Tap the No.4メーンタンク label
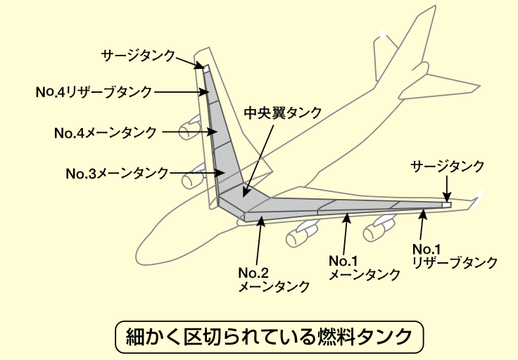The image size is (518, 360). pyautogui.click(x=105, y=131)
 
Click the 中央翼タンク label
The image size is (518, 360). pyautogui.click(x=283, y=112)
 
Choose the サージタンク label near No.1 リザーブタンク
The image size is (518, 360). pyautogui.click(x=448, y=166)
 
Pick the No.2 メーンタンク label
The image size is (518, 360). pyautogui.click(x=274, y=279)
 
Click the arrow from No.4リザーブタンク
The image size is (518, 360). pyautogui.click(x=179, y=91)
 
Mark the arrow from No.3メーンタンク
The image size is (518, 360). pyautogui.click(x=195, y=172)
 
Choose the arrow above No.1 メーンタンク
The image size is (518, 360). pyautogui.click(x=346, y=231)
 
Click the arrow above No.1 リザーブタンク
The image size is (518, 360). pyautogui.click(x=422, y=225)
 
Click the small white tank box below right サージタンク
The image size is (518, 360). pyautogui.click(x=446, y=205)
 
